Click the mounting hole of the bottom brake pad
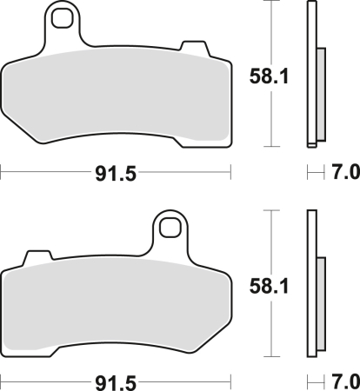pos(170,227)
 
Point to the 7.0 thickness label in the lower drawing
pos(345,381)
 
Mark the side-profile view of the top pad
pos(313,76)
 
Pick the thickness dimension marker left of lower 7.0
pos(315,381)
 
